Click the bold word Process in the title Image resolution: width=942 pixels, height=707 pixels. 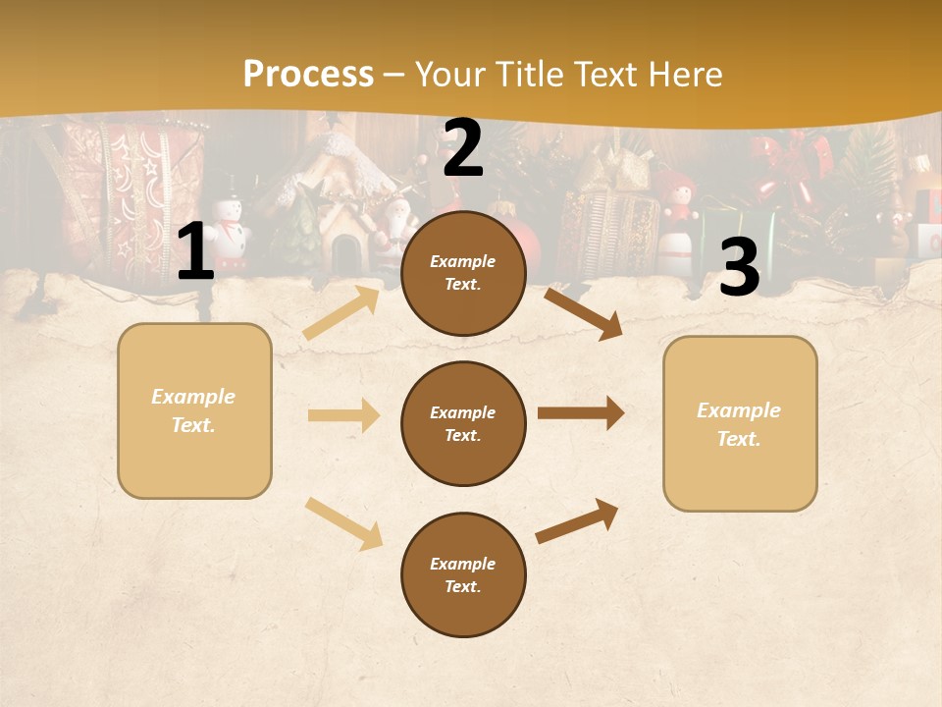[308, 75]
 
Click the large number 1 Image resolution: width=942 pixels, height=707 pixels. [195, 252]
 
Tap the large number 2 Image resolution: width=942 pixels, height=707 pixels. [463, 148]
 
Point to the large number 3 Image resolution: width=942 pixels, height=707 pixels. [739, 268]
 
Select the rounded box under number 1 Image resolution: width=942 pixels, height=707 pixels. [194, 410]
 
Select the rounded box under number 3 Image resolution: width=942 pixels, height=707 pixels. [740, 423]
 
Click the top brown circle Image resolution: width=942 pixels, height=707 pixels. [463, 273]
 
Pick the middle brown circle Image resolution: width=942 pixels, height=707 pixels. [463, 423]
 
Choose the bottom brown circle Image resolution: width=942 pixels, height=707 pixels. [463, 574]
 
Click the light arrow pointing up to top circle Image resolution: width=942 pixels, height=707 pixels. [340, 312]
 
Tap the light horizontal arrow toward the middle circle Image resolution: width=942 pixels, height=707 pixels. [342, 415]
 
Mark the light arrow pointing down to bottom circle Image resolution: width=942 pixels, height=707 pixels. [343, 522]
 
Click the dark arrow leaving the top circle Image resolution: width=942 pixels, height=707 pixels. [583, 313]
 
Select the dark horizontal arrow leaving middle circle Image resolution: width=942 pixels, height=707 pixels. [580, 413]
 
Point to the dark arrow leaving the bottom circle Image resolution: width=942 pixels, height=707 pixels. [577, 520]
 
